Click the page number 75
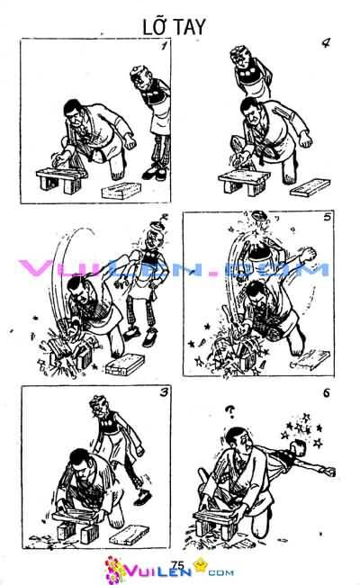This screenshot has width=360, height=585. [176, 562]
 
